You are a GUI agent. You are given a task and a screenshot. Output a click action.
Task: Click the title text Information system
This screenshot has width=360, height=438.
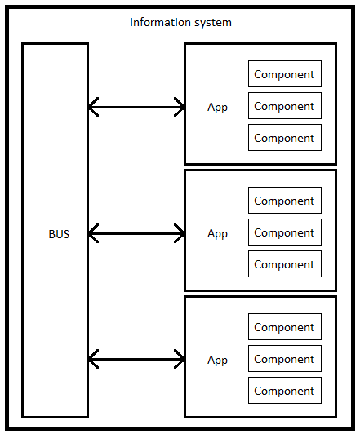point(180,22)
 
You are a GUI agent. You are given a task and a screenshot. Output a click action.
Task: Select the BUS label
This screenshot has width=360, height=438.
point(59,234)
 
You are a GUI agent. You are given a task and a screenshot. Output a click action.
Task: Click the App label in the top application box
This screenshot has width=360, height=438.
point(217,108)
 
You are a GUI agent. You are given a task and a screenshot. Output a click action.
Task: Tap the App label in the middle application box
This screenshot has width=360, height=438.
point(217,234)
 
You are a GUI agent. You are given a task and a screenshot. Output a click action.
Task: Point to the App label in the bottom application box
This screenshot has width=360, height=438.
point(217,360)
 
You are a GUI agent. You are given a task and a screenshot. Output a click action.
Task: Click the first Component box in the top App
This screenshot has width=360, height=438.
point(285,73)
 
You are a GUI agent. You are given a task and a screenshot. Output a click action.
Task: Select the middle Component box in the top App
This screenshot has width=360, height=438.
point(285,105)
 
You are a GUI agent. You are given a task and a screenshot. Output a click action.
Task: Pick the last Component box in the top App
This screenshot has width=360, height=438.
point(285,137)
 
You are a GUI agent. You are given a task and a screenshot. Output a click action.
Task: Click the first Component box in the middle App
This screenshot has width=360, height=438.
point(285,201)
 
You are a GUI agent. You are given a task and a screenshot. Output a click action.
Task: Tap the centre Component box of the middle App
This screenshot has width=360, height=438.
point(285,232)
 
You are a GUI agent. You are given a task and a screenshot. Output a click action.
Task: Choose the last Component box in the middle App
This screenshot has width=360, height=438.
point(285,264)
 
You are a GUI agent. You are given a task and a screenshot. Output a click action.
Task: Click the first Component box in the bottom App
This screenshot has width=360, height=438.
point(285,326)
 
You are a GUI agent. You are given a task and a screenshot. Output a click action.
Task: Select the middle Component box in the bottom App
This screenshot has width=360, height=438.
point(285,358)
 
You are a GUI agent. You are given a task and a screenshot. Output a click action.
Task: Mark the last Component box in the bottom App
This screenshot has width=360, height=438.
point(285,390)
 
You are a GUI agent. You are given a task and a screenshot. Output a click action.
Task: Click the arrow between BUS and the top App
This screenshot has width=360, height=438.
point(136,107)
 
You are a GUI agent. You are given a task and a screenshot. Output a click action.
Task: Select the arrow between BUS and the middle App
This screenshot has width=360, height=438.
point(136,233)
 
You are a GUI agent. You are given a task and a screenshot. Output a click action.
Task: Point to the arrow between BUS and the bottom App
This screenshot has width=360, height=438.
point(136,359)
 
